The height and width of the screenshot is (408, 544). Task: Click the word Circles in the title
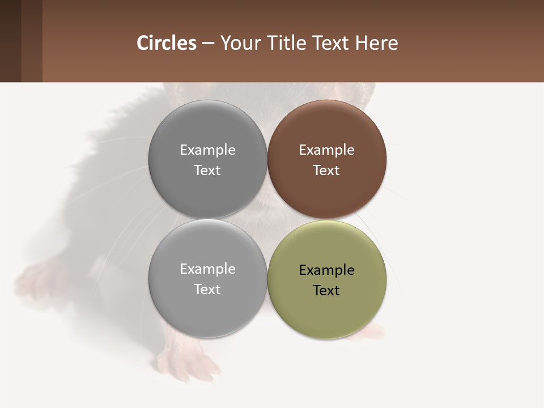click(x=167, y=43)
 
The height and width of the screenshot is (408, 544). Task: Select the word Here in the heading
click(x=376, y=43)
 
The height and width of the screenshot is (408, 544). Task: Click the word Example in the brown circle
click(x=327, y=150)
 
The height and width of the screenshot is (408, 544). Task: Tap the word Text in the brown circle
click(x=326, y=171)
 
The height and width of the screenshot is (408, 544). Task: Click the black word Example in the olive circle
click(x=327, y=270)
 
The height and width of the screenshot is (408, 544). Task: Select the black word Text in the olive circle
click(x=326, y=291)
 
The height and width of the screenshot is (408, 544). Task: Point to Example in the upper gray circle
click(x=207, y=150)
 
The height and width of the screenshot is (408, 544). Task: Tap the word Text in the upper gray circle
click(x=207, y=171)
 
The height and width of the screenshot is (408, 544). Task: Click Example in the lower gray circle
click(x=207, y=269)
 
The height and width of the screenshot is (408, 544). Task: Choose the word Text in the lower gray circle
click(x=207, y=290)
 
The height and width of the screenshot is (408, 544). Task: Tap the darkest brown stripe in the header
click(x=10, y=41)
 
